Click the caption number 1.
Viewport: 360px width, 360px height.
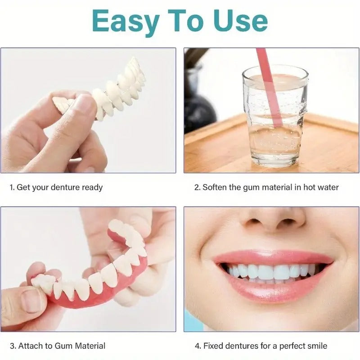tap(12, 187)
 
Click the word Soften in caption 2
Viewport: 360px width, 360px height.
tap(215, 187)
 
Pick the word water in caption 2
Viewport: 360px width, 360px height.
tap(328, 187)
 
